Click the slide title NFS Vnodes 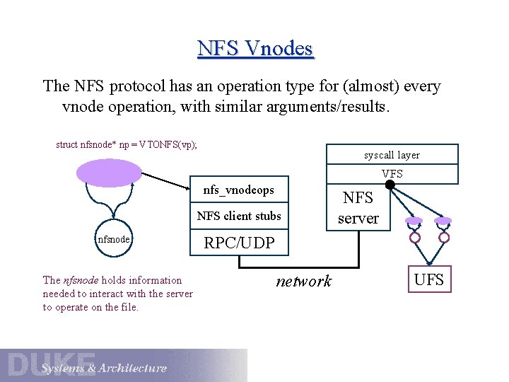(255, 48)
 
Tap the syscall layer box (392, 155)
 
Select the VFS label (392, 173)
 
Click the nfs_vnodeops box (238, 190)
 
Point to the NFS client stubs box (238, 216)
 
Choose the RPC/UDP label (239, 243)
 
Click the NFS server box (358, 208)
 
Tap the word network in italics (303, 281)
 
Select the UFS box (428, 279)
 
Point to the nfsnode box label (113, 239)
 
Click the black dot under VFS (390, 185)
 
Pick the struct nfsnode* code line (127, 144)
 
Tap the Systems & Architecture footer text (104, 369)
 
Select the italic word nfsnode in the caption (78, 280)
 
